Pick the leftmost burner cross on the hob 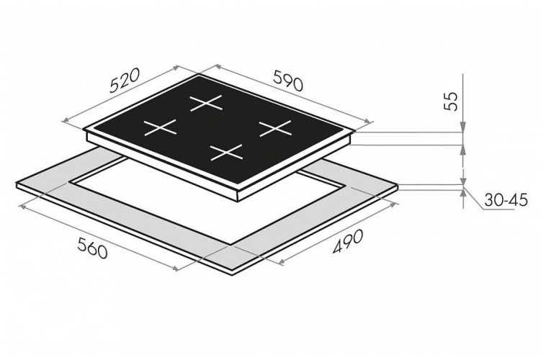[x=160, y=128]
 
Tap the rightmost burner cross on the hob [x=274, y=128]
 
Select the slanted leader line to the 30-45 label [x=476, y=199]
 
